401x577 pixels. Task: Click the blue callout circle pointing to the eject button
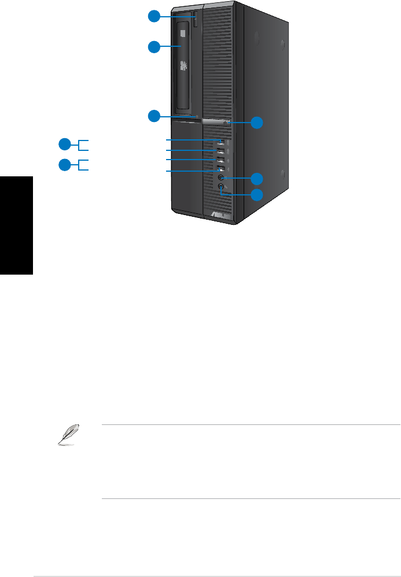(x=154, y=17)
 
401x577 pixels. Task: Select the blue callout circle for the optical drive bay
(x=154, y=47)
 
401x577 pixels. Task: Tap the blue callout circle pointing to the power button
(x=256, y=123)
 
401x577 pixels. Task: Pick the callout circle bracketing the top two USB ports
(x=66, y=144)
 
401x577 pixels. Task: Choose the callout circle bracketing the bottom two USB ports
(x=66, y=165)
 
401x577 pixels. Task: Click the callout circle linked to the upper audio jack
(x=256, y=178)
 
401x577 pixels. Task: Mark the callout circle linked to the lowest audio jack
(x=256, y=195)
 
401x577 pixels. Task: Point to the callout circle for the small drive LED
(x=154, y=116)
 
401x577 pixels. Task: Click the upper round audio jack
(x=222, y=178)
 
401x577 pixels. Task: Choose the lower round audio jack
(x=222, y=187)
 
